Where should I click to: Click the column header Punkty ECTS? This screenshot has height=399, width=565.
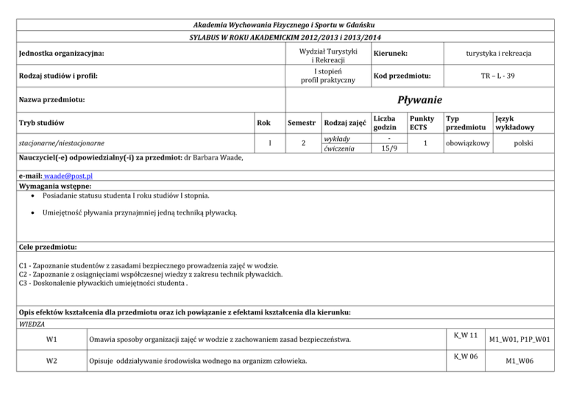(x=422, y=123)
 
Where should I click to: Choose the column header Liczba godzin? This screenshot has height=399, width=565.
(x=385, y=123)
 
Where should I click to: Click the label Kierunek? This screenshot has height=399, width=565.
(x=391, y=54)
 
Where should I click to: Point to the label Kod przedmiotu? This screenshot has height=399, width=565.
(x=402, y=76)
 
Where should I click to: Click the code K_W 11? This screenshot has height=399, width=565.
(x=466, y=334)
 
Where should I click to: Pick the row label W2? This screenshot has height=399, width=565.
(x=52, y=362)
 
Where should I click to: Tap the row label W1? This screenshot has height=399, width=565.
(x=52, y=338)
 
